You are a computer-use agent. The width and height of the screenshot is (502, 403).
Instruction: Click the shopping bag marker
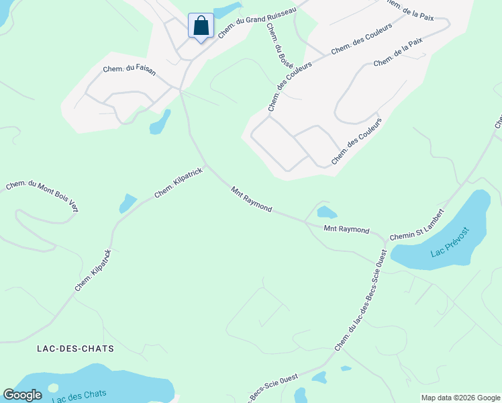tap(201, 27)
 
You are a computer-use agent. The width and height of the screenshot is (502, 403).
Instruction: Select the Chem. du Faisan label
tap(129, 70)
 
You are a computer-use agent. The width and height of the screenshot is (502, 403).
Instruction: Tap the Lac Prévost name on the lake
tap(449, 244)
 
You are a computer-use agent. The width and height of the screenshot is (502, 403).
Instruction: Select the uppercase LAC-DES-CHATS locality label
tap(76, 349)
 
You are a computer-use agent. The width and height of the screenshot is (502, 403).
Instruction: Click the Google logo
tap(22, 395)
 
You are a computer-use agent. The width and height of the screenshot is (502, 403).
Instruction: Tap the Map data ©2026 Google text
tap(460, 398)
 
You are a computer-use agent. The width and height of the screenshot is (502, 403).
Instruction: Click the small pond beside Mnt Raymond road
tap(327, 213)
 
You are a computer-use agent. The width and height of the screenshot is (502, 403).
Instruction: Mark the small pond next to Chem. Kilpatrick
tap(128, 202)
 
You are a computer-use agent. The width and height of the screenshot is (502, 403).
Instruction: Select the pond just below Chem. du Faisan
tap(160, 122)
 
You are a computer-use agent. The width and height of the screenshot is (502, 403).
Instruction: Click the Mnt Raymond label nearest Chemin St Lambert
tap(346, 230)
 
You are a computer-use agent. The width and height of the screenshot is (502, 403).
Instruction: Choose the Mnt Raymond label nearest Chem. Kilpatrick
tap(252, 199)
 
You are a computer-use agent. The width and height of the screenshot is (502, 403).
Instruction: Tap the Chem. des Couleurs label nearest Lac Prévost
tap(356, 142)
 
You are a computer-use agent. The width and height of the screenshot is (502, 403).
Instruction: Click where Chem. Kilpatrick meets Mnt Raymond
tap(206, 165)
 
